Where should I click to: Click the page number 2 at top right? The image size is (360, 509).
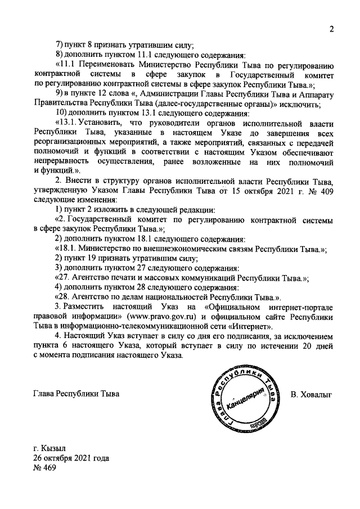(x=332, y=30)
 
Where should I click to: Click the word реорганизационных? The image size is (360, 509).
(x=71, y=142)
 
